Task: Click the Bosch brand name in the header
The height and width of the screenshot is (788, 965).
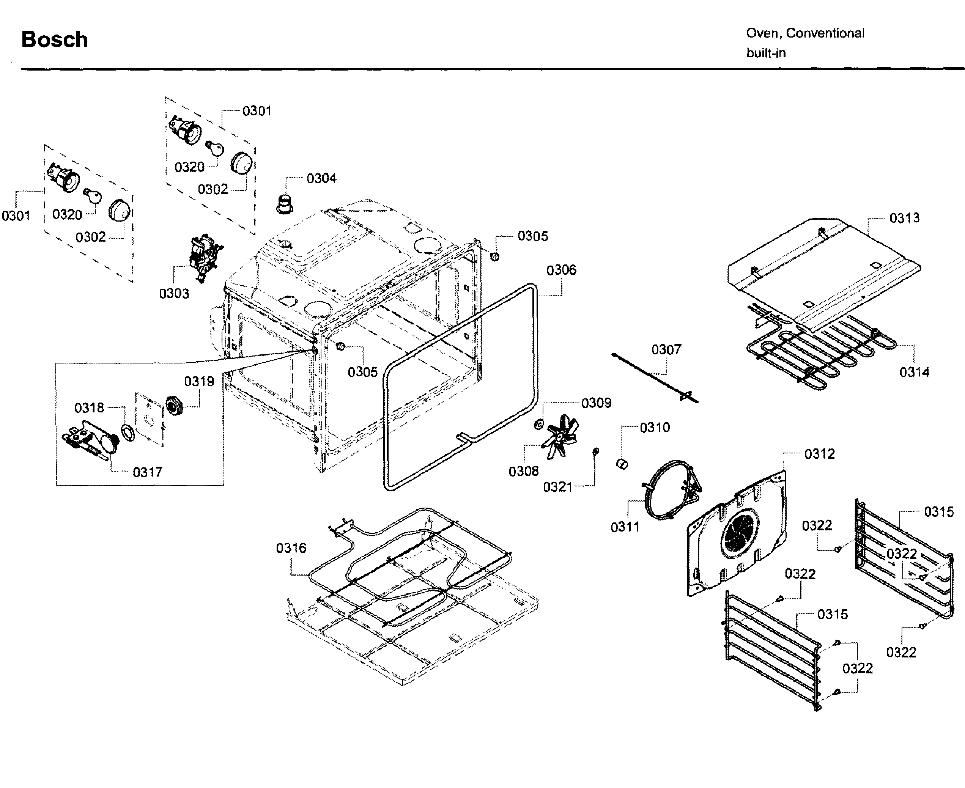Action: click(55, 39)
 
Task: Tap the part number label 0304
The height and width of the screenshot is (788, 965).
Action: click(321, 178)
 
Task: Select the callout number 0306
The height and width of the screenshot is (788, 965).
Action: click(561, 270)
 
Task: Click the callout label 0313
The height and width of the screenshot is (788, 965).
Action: click(904, 218)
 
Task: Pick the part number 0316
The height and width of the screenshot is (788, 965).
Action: click(291, 548)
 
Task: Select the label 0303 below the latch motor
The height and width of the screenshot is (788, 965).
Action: click(174, 293)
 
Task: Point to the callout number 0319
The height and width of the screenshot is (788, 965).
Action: click(199, 381)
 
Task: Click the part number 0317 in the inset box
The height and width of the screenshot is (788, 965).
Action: click(147, 472)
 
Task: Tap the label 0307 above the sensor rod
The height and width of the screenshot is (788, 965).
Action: click(666, 349)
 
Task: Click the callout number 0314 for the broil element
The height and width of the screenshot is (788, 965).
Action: click(914, 372)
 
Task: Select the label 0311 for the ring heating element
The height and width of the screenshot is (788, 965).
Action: click(625, 527)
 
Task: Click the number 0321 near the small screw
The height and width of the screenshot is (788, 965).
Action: click(557, 487)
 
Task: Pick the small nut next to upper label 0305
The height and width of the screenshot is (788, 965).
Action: click(495, 256)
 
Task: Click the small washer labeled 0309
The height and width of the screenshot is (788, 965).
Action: click(538, 425)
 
